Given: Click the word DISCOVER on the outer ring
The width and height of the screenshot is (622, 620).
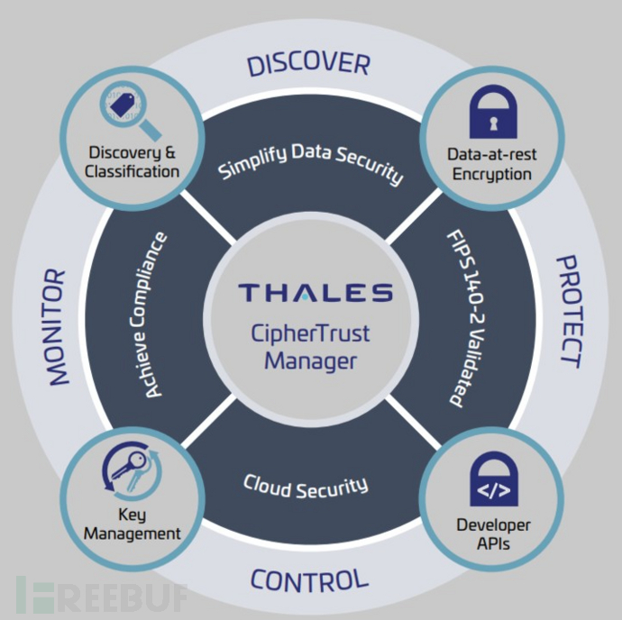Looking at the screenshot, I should [x=308, y=64].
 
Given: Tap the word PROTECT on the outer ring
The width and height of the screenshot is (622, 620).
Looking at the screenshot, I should [x=566, y=311].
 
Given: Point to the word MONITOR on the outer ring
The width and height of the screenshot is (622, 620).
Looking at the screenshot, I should [x=56, y=326].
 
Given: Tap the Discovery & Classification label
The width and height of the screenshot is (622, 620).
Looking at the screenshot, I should [x=134, y=161].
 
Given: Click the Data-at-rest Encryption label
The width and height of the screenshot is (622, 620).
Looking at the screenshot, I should [x=492, y=164].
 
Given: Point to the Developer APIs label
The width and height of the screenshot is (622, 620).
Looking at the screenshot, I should [x=493, y=533].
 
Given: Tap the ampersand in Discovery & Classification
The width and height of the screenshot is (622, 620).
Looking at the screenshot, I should [x=168, y=152].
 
